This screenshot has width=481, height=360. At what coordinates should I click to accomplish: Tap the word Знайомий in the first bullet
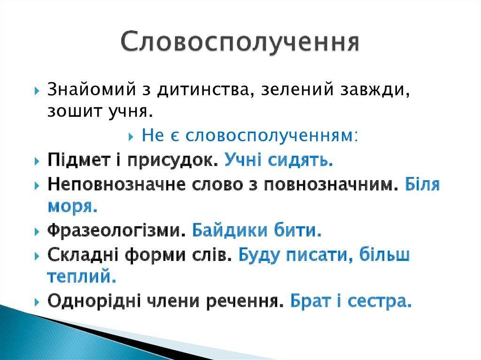click(x=92, y=90)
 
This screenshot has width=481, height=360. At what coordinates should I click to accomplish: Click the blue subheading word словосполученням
click(x=271, y=136)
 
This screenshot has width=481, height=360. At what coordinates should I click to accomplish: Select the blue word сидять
click(x=301, y=161)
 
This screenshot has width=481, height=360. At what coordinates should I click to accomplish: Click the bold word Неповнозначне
click(x=116, y=184)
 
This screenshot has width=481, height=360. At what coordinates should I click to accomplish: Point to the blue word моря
click(x=73, y=207)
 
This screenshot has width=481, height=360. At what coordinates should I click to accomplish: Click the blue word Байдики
click(x=230, y=230)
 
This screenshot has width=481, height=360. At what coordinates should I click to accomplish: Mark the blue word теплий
click(x=82, y=276)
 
